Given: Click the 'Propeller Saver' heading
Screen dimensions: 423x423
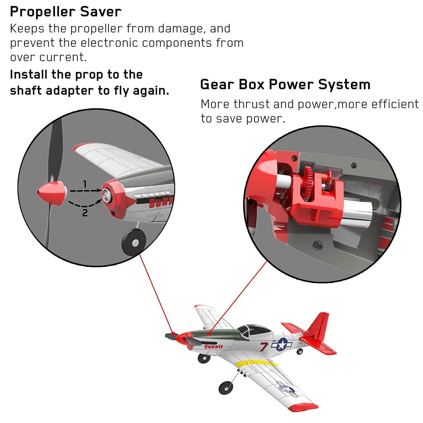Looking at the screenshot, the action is click(x=66, y=12).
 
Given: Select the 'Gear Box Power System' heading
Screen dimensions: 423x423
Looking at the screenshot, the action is click(x=285, y=85).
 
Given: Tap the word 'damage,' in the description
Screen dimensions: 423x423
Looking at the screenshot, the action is click(x=182, y=28).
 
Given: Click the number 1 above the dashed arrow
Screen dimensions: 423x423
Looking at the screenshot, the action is click(x=85, y=184).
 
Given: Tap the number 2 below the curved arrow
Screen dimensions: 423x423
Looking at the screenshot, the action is click(x=85, y=213).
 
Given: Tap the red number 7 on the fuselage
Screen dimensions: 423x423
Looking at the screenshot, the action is click(x=264, y=347).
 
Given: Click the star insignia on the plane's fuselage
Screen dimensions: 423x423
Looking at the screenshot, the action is click(x=282, y=344).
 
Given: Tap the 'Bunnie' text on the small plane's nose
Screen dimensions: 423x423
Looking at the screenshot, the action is click(x=213, y=347).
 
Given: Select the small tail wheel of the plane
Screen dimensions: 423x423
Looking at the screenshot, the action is click(x=299, y=352).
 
